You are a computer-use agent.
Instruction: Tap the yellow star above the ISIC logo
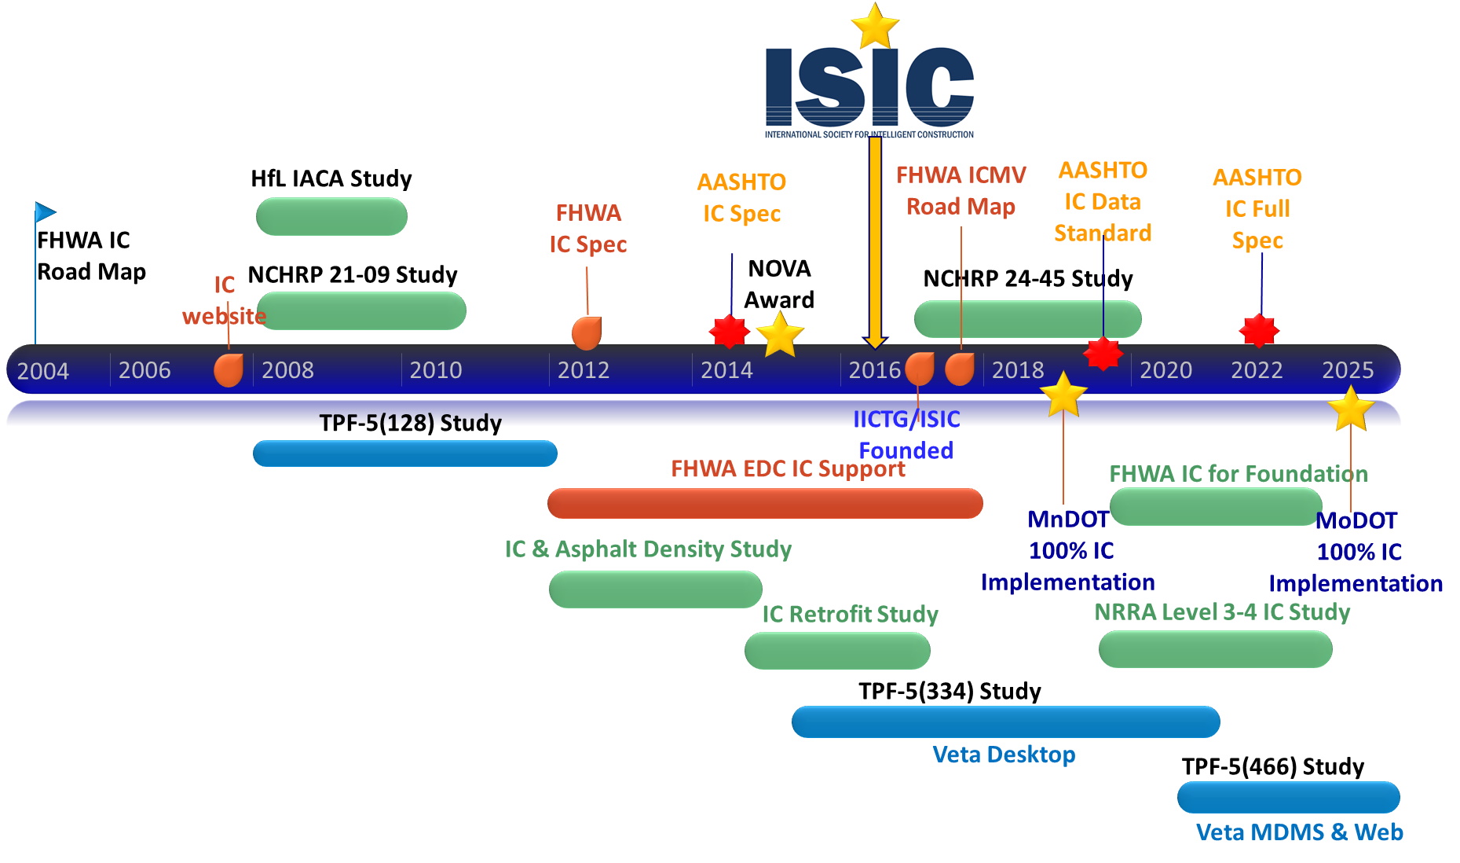[x=874, y=26]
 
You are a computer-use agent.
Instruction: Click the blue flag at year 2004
[x=45, y=212]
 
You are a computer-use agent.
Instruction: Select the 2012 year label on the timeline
[x=583, y=370]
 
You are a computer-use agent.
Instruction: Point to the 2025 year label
[x=1347, y=370]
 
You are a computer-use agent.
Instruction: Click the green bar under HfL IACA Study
[x=331, y=216]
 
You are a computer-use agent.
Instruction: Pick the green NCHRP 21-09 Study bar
[x=361, y=311]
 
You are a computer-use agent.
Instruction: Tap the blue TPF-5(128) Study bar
[x=404, y=454]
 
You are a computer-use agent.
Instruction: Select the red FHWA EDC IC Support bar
[x=764, y=503]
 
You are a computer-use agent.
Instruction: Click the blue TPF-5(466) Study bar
[x=1288, y=797]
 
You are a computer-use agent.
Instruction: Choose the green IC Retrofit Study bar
[x=837, y=651]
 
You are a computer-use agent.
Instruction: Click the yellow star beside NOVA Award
[x=779, y=336]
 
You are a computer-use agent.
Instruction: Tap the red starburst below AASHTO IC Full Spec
[x=1259, y=331]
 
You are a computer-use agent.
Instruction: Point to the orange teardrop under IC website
[x=229, y=369]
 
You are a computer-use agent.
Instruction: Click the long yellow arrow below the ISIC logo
[x=875, y=240]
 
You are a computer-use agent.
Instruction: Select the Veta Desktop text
[x=1003, y=755]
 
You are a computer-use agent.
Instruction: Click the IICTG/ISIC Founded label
[x=906, y=435]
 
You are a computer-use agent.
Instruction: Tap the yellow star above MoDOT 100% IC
[x=1350, y=410]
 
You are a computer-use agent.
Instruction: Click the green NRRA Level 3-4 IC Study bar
[x=1215, y=650]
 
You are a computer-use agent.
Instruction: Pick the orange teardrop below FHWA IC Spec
[x=587, y=333]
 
